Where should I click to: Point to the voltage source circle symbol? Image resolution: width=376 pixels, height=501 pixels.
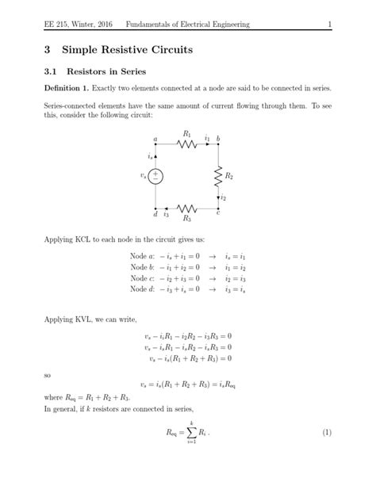(156, 176)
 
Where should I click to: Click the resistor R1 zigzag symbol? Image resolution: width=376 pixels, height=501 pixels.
(187, 143)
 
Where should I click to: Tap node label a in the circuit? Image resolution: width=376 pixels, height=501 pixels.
(155, 138)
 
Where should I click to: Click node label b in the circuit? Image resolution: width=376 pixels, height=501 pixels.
(219, 138)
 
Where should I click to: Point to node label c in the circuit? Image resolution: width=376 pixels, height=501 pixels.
(218, 214)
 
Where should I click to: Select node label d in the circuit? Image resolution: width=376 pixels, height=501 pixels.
(155, 214)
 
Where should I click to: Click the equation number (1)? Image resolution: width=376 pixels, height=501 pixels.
(326, 434)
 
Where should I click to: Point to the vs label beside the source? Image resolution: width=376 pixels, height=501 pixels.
(144, 176)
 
